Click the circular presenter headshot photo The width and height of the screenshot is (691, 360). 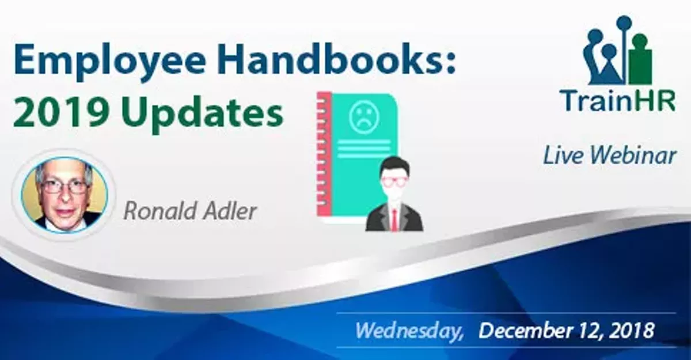tap(64, 196)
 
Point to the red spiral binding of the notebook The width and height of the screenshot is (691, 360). tap(324, 156)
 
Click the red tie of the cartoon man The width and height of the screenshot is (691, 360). tap(394, 218)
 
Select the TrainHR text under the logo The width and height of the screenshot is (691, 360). tap(619, 101)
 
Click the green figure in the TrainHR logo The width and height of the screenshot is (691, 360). tap(640, 60)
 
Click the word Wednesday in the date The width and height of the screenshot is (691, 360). tap(409, 331)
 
